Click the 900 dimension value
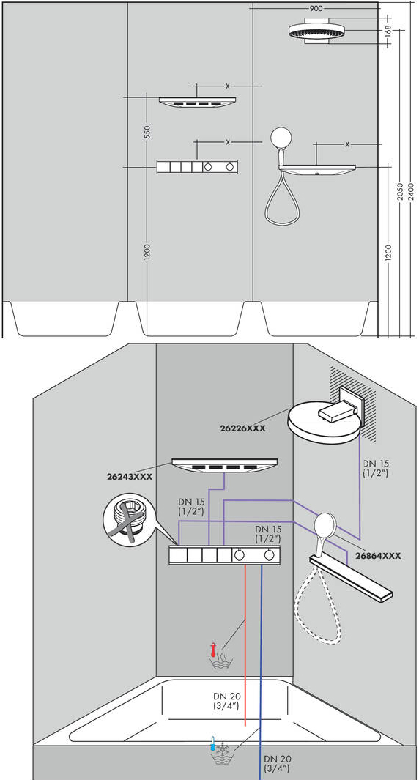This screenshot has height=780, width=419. point(316,9)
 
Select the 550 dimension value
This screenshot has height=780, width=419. point(147,132)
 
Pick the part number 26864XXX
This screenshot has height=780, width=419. point(378,557)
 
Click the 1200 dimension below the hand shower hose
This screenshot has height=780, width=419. point(388,253)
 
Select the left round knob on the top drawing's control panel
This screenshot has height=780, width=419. point(208,168)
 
